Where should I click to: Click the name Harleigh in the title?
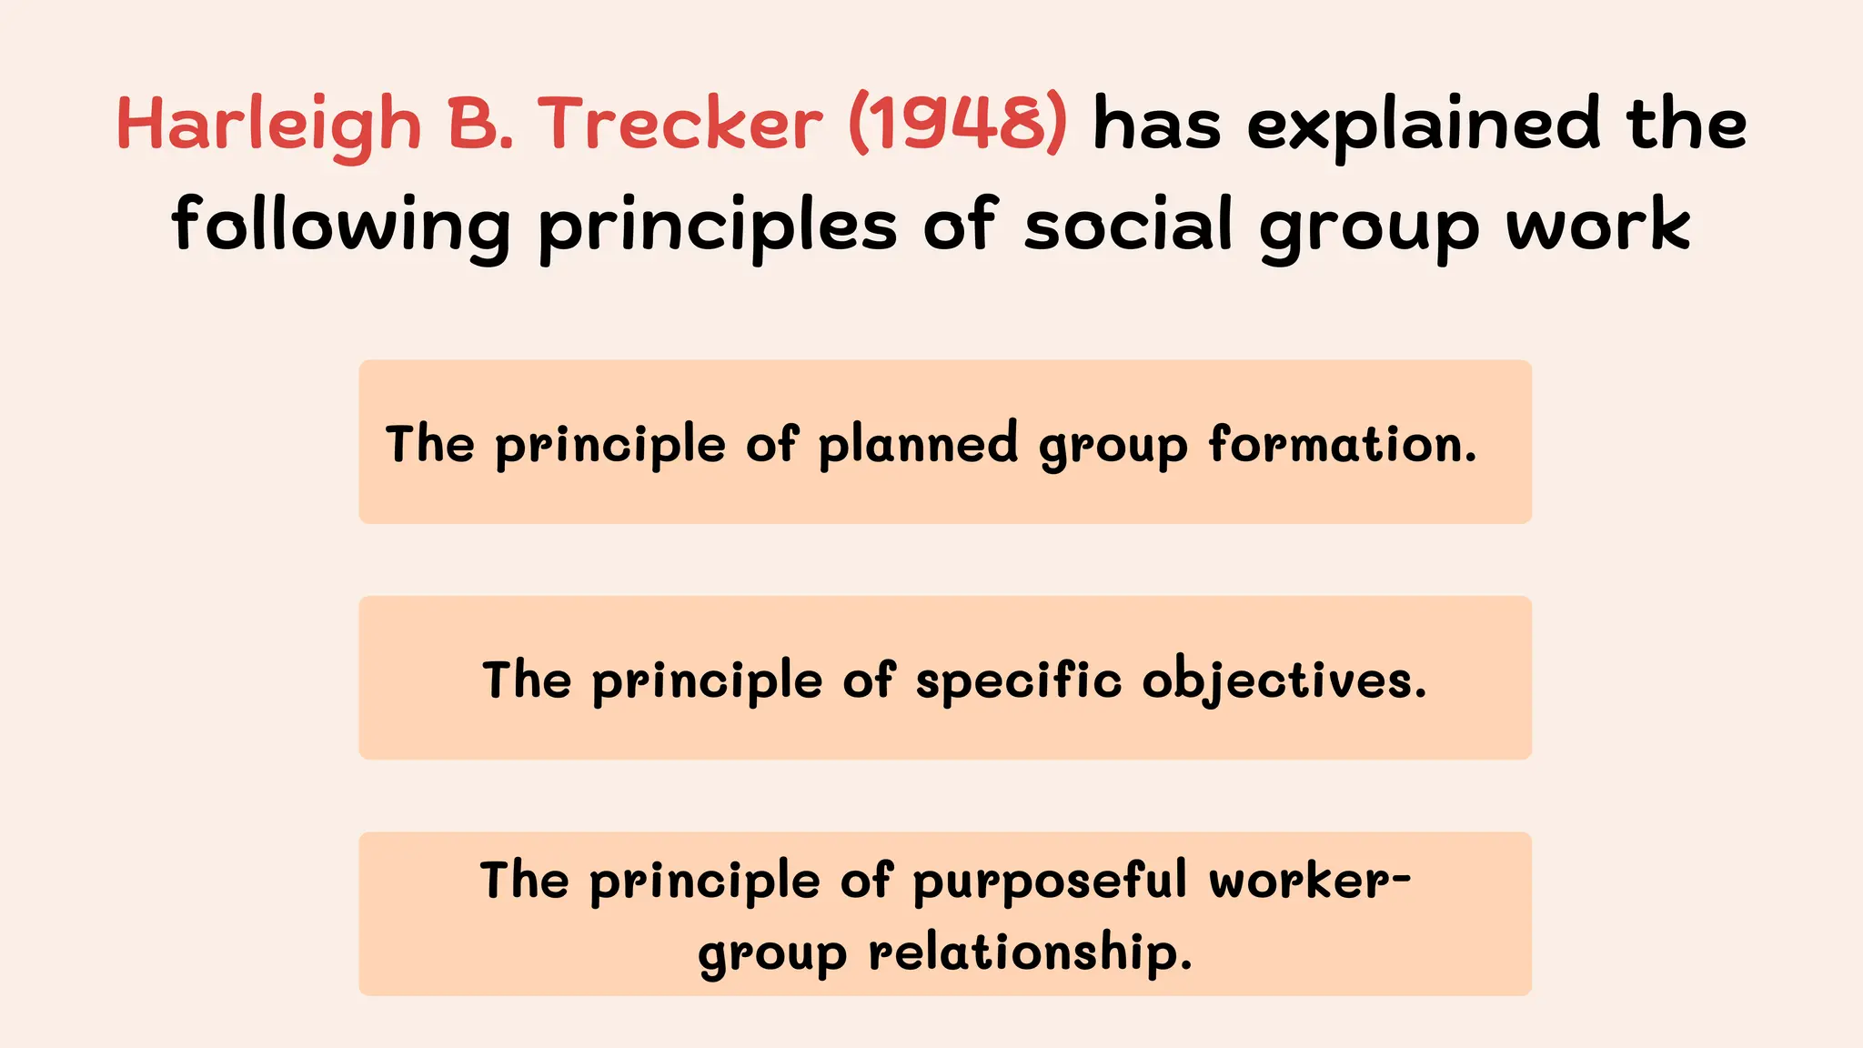(269, 125)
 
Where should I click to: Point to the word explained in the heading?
(1423, 126)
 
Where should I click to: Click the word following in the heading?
(341, 225)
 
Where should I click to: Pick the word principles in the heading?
(718, 226)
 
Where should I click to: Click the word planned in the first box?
(918, 444)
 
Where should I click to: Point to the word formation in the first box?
(1342, 444)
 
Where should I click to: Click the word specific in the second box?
(1018, 680)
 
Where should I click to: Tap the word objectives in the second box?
(1284, 680)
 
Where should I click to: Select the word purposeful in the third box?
(1050, 882)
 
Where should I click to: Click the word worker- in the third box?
(1310, 881)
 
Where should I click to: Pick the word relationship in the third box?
(1030, 952)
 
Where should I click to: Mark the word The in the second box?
(527, 680)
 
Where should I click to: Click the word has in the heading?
(1156, 125)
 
